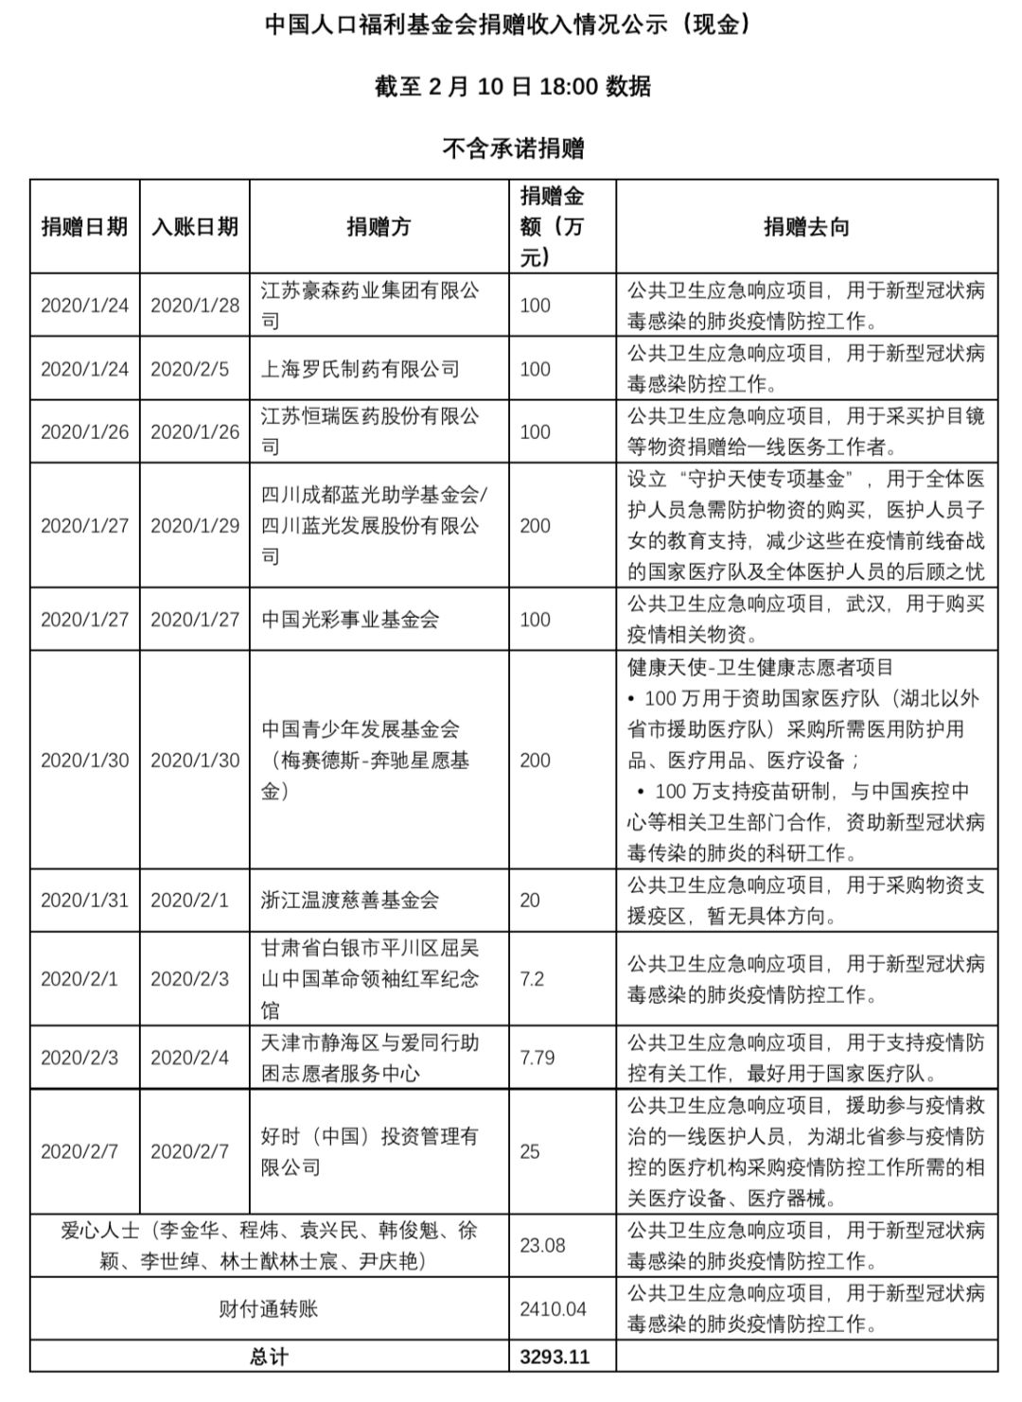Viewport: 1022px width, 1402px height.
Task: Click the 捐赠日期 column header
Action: [x=84, y=227]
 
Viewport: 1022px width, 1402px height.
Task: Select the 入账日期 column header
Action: [x=195, y=227]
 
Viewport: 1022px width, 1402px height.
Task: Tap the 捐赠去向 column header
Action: [x=806, y=227]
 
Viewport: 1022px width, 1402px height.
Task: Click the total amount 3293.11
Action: [x=555, y=1357]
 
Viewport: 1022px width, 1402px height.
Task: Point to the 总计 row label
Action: [x=269, y=1357]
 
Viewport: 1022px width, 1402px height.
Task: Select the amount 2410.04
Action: [x=553, y=1309]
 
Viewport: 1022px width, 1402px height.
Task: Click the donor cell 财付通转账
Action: [x=269, y=1309]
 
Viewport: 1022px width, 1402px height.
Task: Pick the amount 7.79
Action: [x=537, y=1058]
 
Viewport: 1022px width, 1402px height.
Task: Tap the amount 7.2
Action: [x=532, y=979]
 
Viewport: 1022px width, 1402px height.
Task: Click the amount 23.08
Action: [x=542, y=1246]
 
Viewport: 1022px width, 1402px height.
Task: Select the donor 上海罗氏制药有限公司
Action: [x=361, y=369]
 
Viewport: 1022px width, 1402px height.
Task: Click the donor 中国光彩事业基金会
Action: [x=350, y=620]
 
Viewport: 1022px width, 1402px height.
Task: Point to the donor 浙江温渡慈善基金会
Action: [x=350, y=901]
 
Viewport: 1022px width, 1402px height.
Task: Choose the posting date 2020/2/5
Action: [x=189, y=369]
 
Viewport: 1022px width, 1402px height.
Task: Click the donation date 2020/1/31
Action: [x=84, y=901]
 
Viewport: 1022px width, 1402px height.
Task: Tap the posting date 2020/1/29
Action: [x=195, y=526]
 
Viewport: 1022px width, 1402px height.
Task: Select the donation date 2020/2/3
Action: [x=79, y=1058]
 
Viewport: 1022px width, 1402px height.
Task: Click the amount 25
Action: [x=530, y=1152]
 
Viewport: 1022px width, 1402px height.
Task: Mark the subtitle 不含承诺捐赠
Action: [x=513, y=149]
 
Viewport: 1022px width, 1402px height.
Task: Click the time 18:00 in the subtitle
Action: [x=568, y=87]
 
